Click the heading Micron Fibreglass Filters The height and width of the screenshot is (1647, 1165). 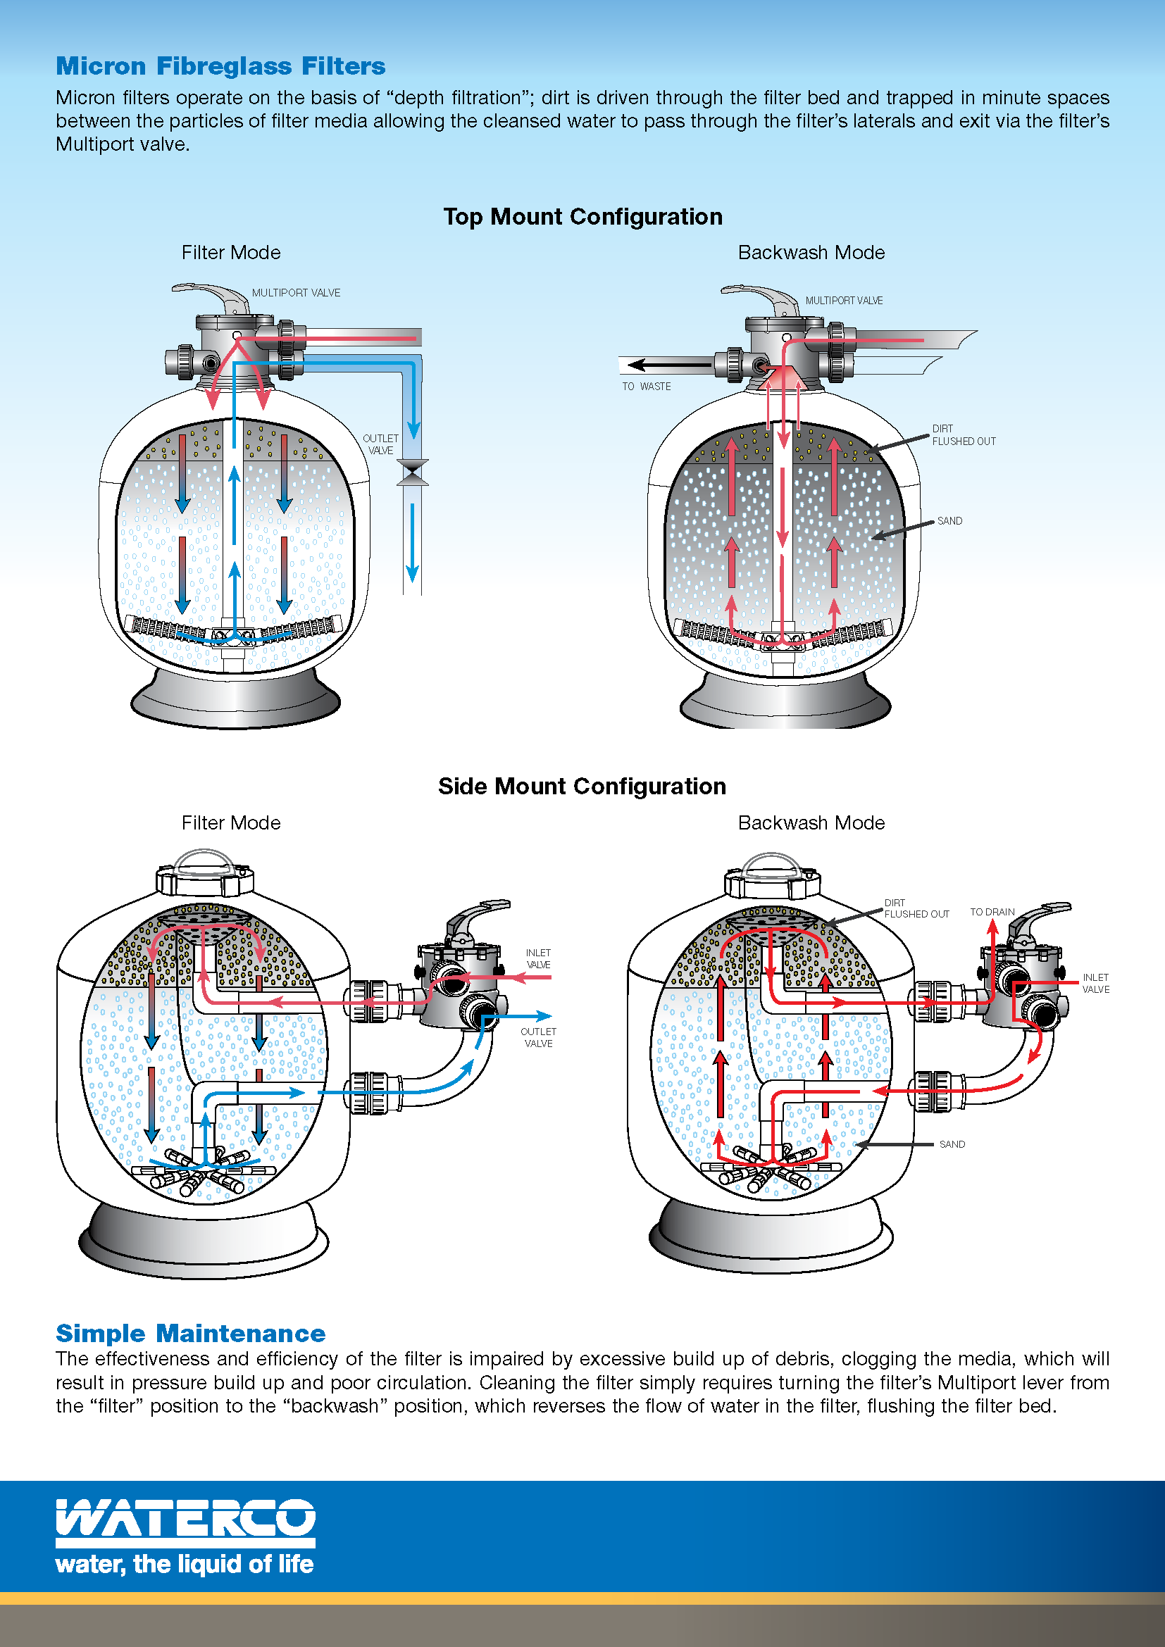click(221, 66)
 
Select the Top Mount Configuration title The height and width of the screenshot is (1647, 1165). click(582, 217)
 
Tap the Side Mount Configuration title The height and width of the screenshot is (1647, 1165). click(582, 787)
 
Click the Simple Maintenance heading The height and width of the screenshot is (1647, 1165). click(191, 1333)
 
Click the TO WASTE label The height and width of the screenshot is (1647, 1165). click(647, 386)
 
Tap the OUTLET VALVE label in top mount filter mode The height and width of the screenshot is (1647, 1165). click(380, 444)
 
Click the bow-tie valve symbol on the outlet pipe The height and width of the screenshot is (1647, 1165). click(413, 472)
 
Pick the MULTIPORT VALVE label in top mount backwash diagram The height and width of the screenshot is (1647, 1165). click(844, 301)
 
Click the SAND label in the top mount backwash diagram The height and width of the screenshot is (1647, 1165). click(949, 521)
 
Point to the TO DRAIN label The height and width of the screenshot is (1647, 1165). click(992, 912)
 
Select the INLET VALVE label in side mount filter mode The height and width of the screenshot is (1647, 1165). click(538, 958)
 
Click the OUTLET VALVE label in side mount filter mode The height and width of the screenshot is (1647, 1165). click(538, 1037)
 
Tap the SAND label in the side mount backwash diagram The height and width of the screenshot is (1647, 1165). click(952, 1144)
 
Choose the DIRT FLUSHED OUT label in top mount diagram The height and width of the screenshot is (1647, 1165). click(964, 434)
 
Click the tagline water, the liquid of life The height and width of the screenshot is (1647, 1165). click(185, 1564)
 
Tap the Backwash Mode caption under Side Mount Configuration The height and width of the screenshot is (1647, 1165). click(811, 822)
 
